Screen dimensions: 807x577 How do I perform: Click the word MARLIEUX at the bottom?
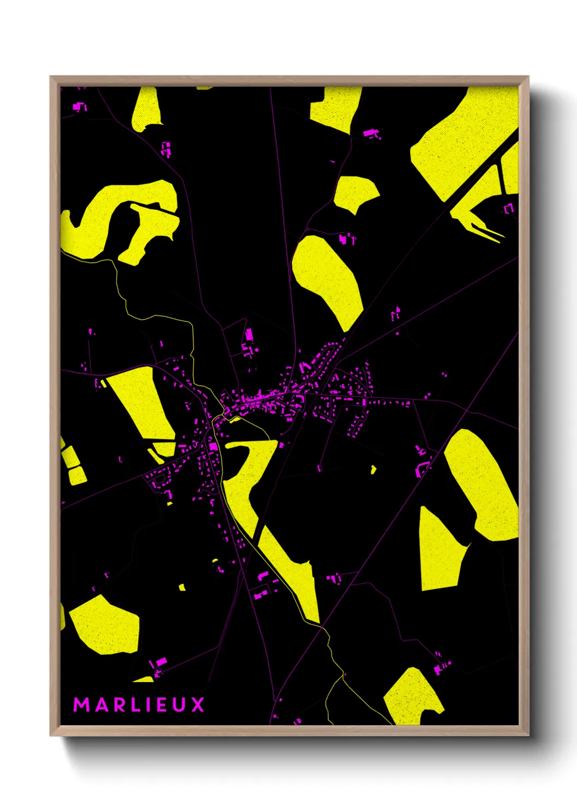click(139, 704)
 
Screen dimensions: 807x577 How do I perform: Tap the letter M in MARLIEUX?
click(81, 704)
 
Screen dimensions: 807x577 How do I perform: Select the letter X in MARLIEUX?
click(198, 704)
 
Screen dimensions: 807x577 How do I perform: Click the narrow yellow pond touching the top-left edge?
click(146, 109)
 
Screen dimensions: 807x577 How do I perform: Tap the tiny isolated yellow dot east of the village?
click(374, 469)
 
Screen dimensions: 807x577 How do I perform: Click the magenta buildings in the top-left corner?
click(80, 107)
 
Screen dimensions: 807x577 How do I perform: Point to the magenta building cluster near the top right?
click(372, 133)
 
